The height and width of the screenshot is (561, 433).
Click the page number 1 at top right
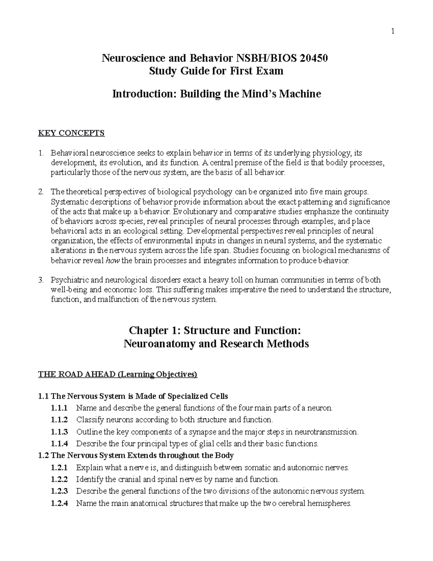coord(393,31)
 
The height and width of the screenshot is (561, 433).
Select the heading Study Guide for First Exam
coord(216,71)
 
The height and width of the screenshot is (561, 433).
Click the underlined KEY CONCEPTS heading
coord(71,133)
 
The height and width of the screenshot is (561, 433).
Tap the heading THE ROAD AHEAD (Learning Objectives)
coord(118,374)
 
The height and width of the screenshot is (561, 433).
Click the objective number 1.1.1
coord(60,408)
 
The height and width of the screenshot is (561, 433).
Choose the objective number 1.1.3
coord(60,432)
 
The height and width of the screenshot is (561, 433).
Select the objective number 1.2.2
coord(60,479)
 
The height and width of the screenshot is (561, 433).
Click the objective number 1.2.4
coord(60,503)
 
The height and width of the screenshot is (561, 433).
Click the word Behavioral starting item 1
coord(69,153)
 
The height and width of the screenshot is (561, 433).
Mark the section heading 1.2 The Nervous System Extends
coord(136,456)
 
